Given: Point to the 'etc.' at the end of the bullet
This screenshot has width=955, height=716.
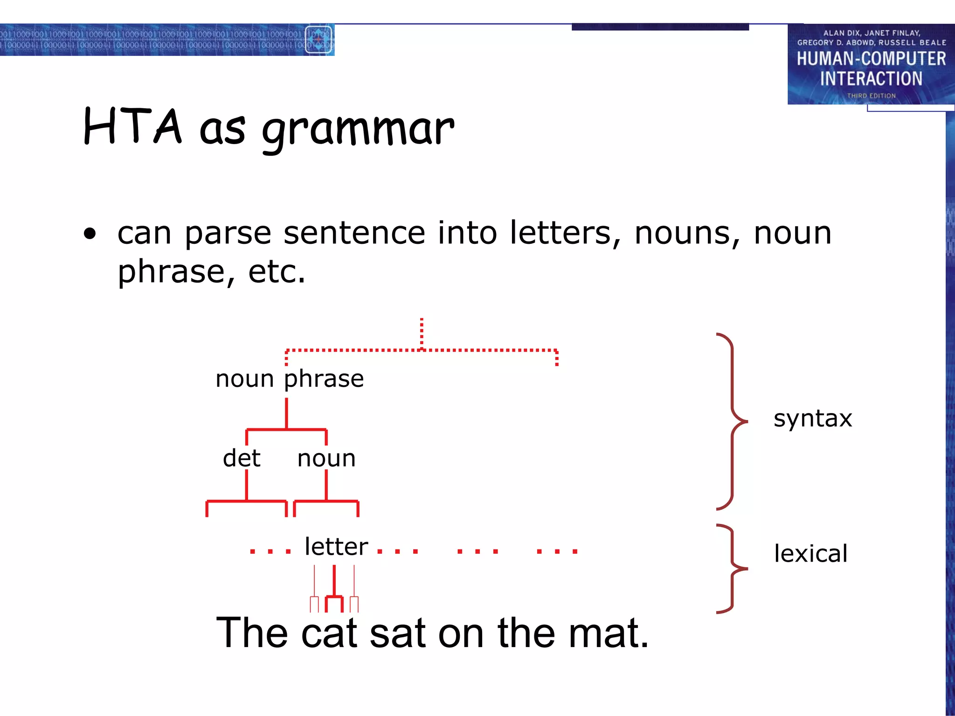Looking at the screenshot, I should (277, 272).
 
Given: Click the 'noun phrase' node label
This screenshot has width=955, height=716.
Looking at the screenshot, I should (290, 379).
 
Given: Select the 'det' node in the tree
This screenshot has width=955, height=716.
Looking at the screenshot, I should (242, 458).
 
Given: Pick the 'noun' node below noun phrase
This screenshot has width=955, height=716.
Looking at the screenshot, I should (326, 458).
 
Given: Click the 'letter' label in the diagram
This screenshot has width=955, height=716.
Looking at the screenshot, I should (336, 546).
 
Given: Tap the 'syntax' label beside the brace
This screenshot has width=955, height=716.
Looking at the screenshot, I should (812, 418).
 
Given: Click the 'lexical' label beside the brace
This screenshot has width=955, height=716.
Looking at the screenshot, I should (810, 554).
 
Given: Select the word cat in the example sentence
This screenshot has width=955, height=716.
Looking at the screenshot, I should (329, 633).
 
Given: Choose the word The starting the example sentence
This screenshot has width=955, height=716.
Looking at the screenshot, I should (252, 633).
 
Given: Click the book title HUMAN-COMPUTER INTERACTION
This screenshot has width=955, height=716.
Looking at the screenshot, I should (871, 69).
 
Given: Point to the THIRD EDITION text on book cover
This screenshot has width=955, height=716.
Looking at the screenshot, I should (871, 96).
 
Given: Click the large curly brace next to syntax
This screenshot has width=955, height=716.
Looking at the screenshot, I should (732, 421).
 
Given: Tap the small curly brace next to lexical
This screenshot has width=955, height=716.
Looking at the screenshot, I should (732, 568).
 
